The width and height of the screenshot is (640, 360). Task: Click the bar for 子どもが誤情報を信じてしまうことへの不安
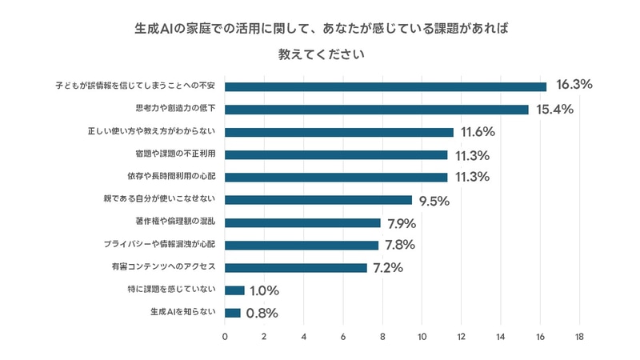coord(386,86)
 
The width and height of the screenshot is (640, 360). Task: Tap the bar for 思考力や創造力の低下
coord(377,109)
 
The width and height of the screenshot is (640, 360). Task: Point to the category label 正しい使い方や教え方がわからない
coord(156,131)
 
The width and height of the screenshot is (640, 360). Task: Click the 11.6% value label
coord(478,132)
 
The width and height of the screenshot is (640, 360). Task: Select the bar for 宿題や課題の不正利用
coord(336,154)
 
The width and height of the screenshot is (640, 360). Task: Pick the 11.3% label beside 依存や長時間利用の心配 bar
coord(471,178)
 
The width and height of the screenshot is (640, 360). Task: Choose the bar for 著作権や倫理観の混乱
coord(302,222)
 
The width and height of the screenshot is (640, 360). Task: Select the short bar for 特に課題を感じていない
coord(234,290)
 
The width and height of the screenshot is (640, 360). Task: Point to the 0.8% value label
coord(262,314)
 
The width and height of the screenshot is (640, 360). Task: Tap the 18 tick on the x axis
coord(579,337)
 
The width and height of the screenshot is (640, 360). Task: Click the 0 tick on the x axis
coord(225,337)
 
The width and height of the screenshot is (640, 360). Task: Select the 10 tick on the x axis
coord(422,337)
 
